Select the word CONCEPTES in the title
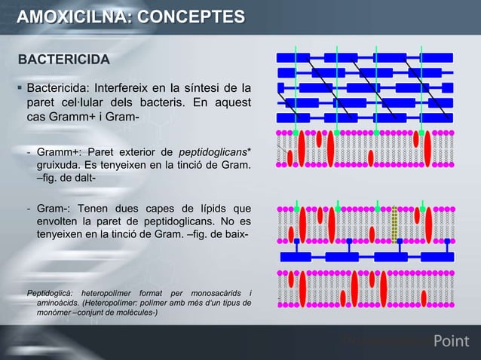(x=191, y=17)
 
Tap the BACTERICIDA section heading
(x=63, y=59)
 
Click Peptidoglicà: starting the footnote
(x=49, y=292)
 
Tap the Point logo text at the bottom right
(x=452, y=343)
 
